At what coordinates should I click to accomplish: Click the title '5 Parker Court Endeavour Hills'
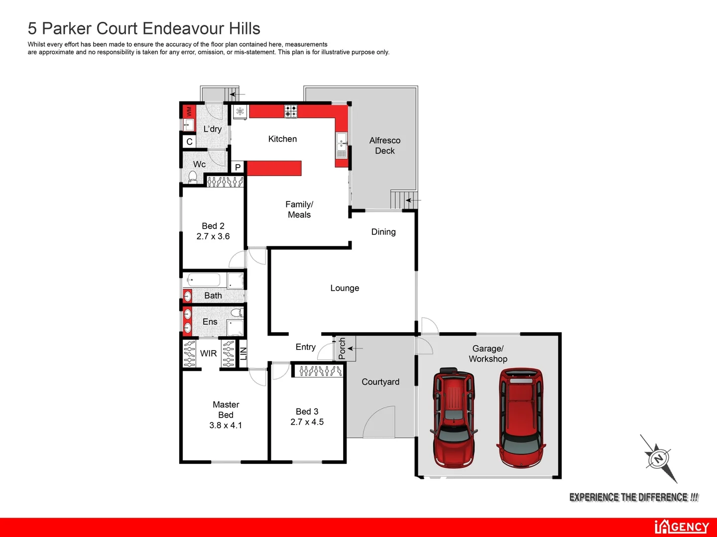click(x=144, y=28)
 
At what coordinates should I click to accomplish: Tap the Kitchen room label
click(x=282, y=139)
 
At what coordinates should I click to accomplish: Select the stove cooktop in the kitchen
click(x=291, y=111)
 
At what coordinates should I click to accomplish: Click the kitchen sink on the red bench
click(x=342, y=145)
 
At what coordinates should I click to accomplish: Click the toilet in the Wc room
click(x=193, y=177)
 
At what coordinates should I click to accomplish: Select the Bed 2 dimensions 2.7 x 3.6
click(x=213, y=237)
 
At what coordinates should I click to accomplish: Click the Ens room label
click(x=210, y=322)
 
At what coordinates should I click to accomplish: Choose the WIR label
click(x=208, y=354)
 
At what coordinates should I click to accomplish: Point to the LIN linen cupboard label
click(x=243, y=354)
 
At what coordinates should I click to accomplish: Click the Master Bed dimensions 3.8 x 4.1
click(x=226, y=426)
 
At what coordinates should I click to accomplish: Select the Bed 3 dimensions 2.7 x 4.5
click(x=307, y=422)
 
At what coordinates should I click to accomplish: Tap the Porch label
click(x=342, y=348)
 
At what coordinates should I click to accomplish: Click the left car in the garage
click(x=453, y=418)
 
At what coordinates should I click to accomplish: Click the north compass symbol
click(x=658, y=458)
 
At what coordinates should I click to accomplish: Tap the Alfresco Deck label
click(x=385, y=146)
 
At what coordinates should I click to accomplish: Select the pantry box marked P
click(x=238, y=167)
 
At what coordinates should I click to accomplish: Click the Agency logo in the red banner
click(x=682, y=527)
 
